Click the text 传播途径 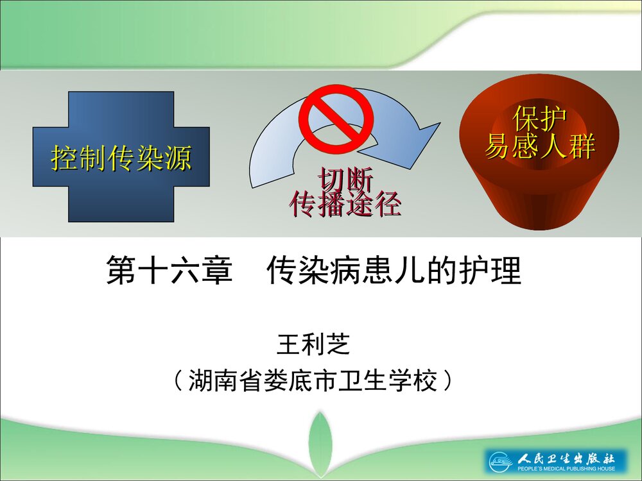(345, 204)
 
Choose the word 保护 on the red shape (539, 119)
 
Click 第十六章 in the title (168, 271)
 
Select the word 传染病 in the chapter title (313, 271)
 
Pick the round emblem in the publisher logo (499, 461)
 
